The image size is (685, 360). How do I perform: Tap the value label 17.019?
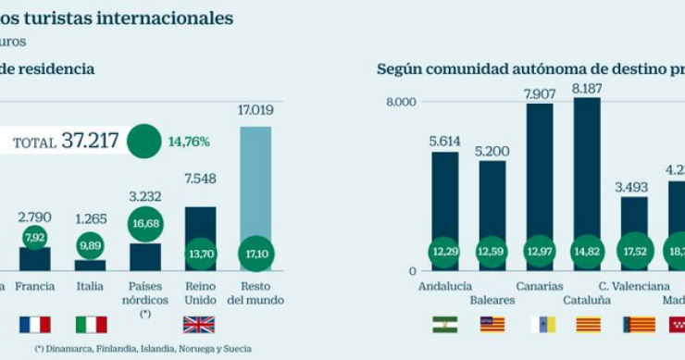click(x=255, y=110)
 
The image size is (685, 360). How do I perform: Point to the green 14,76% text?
click(x=189, y=142)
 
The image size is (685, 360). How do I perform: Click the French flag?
click(x=34, y=325)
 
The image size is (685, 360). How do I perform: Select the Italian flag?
click(x=91, y=325)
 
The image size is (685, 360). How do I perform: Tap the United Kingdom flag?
click(x=199, y=325)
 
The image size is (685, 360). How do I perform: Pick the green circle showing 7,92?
click(x=34, y=239)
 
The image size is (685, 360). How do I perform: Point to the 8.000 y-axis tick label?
click(x=402, y=102)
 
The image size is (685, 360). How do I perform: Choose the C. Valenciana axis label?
click(x=634, y=286)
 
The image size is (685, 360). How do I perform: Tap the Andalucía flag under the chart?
click(x=444, y=325)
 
